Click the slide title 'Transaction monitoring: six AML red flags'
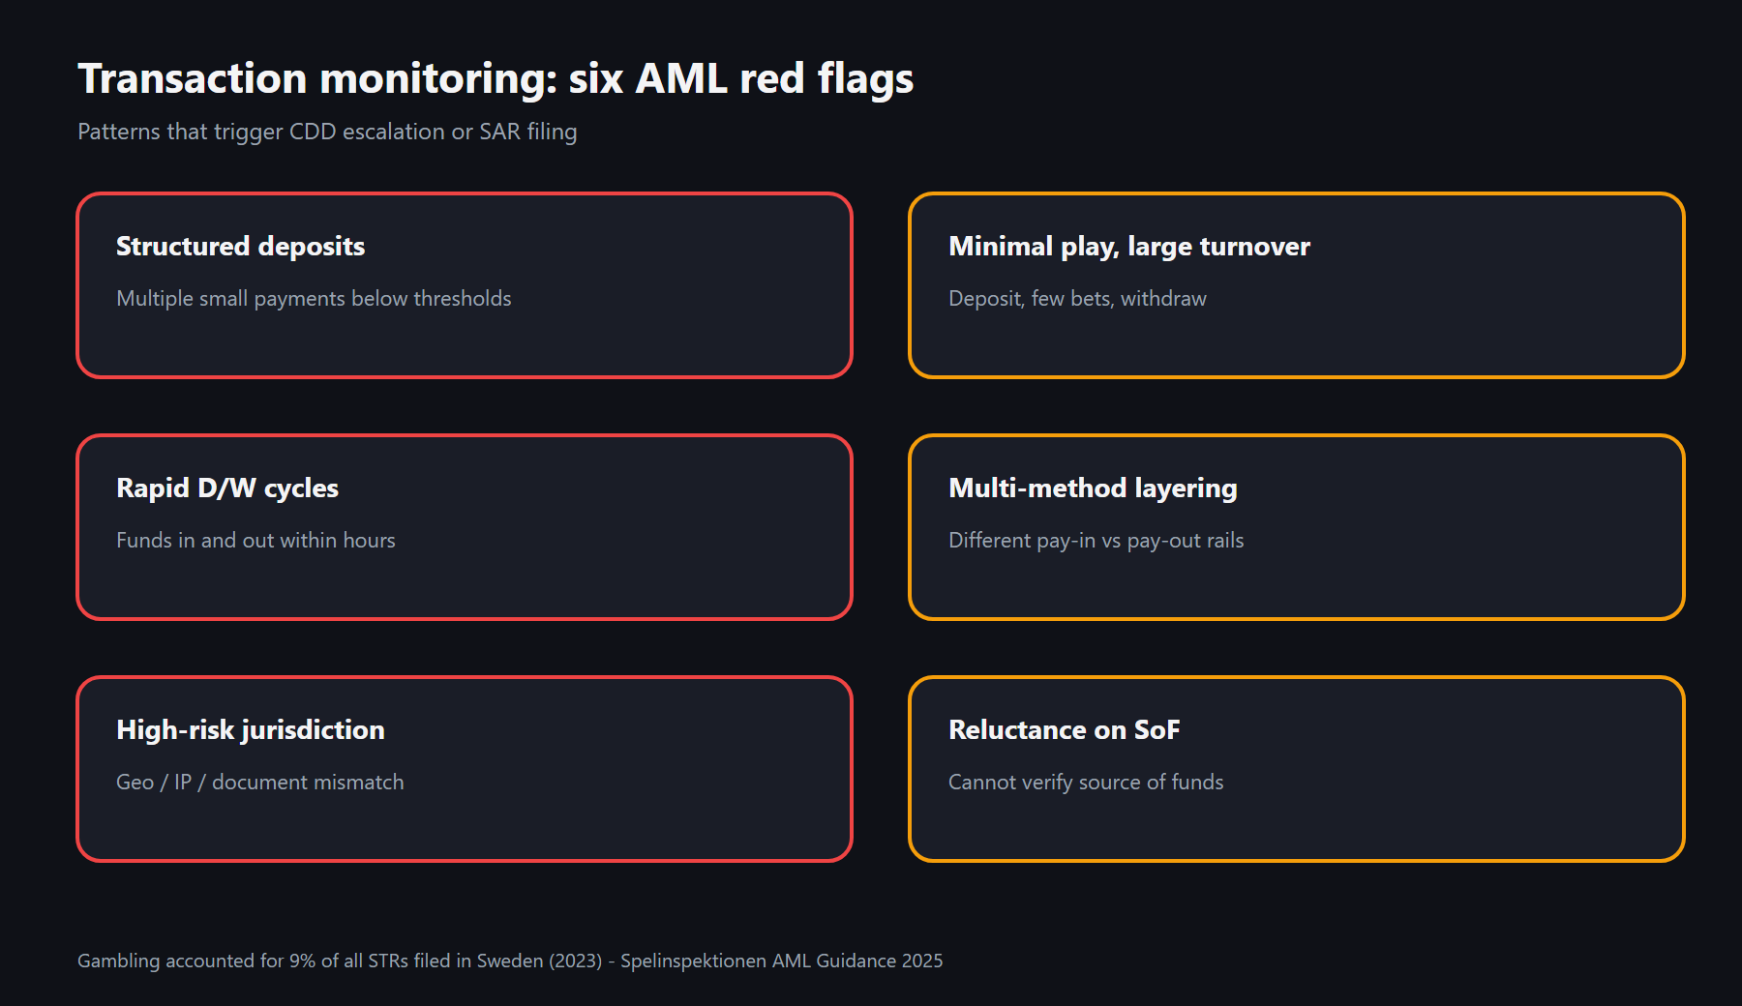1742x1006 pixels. tap(496, 79)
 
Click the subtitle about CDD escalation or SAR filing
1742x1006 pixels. tap(327, 132)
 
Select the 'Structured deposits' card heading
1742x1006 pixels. tap(240, 247)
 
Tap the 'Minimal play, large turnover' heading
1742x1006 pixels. tap(1129, 247)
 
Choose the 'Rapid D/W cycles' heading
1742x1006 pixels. tap(227, 488)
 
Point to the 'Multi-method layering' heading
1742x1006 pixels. tap(1093, 488)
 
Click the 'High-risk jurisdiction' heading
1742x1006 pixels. tap(251, 730)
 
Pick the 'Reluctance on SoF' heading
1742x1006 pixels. tap(1065, 730)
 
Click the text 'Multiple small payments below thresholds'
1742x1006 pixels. tap(314, 299)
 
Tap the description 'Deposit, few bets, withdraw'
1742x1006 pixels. tap(1077, 299)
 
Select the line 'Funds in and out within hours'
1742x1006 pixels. tap(255, 540)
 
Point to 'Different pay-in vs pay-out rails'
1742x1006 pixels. tap(1096, 541)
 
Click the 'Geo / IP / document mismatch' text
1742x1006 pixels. tap(260, 782)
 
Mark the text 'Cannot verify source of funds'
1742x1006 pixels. tap(1086, 783)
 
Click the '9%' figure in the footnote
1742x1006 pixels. tap(303, 961)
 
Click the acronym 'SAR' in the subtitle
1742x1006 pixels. tap(500, 132)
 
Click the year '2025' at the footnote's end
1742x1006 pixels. tap(922, 961)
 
